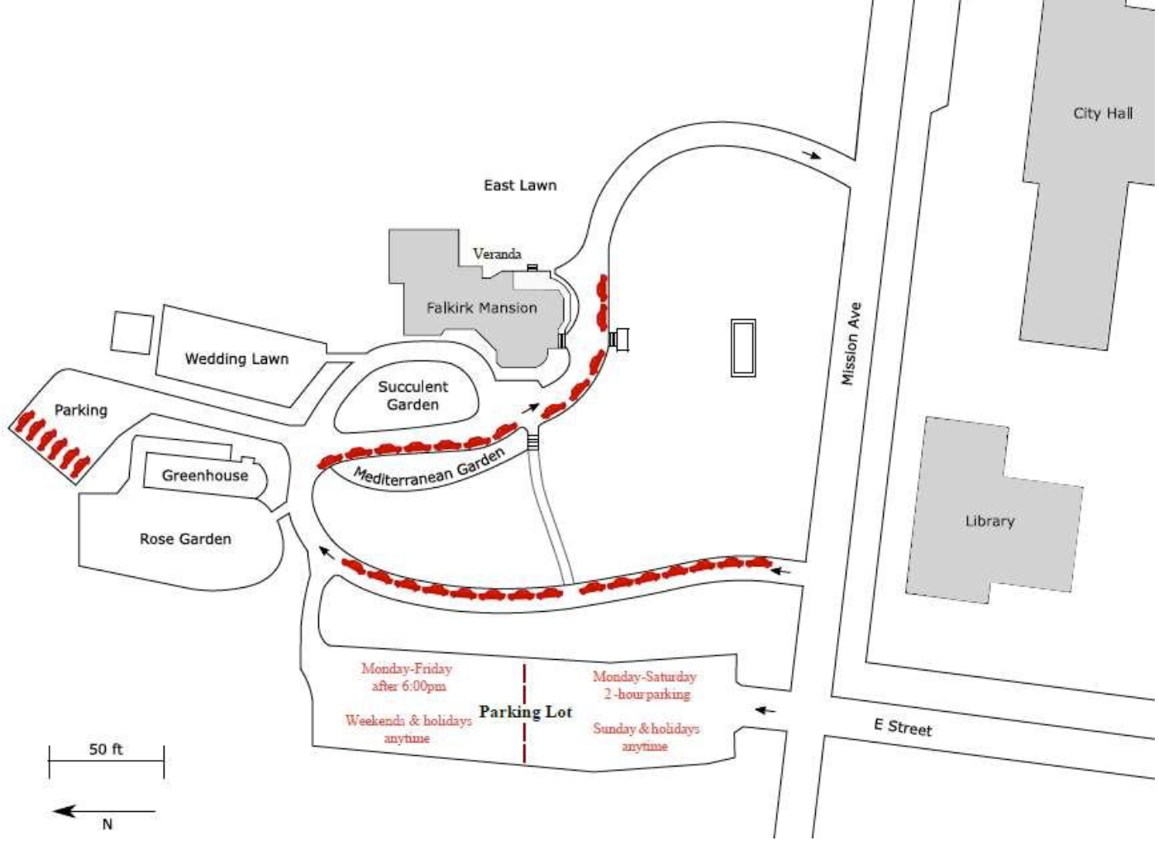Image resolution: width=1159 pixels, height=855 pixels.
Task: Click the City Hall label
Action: pyautogui.click(x=1103, y=113)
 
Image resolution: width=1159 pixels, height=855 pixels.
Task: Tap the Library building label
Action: pyautogui.click(x=990, y=521)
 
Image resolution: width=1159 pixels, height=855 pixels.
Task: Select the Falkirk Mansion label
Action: pyautogui.click(x=482, y=308)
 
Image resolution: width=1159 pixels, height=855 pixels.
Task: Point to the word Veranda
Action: pyautogui.click(x=497, y=254)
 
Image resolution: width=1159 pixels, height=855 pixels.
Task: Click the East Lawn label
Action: pyautogui.click(x=520, y=185)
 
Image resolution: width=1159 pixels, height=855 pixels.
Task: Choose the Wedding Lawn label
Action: pyautogui.click(x=236, y=358)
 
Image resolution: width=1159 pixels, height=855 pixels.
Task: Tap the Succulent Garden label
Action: pyautogui.click(x=413, y=395)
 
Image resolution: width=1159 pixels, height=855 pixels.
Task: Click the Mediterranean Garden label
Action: pyautogui.click(x=429, y=468)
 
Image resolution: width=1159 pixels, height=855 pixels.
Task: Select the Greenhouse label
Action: pyautogui.click(x=205, y=475)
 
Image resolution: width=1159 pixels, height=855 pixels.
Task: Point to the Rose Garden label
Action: pyautogui.click(x=185, y=538)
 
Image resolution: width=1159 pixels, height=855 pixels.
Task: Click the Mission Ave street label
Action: pyautogui.click(x=851, y=343)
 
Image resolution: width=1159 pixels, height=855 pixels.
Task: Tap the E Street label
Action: pyautogui.click(x=903, y=727)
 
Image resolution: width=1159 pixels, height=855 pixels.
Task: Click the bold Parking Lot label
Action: pyautogui.click(x=526, y=712)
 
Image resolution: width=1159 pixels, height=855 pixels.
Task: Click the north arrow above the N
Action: pyautogui.click(x=104, y=811)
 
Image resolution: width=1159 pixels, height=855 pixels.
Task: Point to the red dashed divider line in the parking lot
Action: pyautogui.click(x=525, y=713)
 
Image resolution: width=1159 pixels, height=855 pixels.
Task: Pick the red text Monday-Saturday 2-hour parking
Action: pyautogui.click(x=645, y=685)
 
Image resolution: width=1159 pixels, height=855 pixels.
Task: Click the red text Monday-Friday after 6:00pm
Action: pyautogui.click(x=407, y=677)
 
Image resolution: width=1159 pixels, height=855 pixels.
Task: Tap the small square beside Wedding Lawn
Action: pyautogui.click(x=132, y=332)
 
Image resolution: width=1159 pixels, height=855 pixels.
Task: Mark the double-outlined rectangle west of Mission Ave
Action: pyautogui.click(x=743, y=348)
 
